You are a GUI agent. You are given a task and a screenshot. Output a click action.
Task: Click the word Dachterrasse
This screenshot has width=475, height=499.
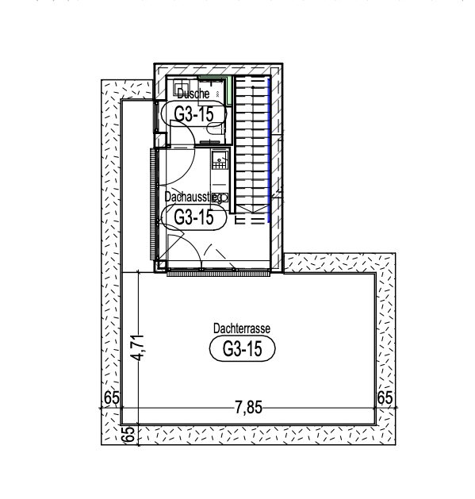(242, 328)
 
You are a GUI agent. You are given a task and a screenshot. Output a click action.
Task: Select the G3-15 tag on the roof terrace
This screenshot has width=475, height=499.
(243, 349)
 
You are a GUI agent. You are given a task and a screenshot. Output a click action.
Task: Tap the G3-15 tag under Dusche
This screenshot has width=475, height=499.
(193, 114)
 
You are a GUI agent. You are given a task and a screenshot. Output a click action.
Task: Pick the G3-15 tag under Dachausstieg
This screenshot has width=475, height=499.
(193, 217)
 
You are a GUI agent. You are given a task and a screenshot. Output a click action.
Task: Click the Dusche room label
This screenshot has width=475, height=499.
(193, 94)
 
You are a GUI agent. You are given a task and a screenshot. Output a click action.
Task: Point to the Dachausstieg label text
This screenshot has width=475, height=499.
(193, 198)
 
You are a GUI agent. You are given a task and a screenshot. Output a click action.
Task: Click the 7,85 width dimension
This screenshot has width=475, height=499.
(248, 407)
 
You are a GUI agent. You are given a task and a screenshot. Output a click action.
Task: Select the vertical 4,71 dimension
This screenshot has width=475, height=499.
(139, 347)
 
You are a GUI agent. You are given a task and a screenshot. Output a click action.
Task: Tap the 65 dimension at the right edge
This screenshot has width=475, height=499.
(385, 397)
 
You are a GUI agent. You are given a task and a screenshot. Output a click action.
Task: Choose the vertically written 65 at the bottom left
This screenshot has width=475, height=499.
(128, 434)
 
